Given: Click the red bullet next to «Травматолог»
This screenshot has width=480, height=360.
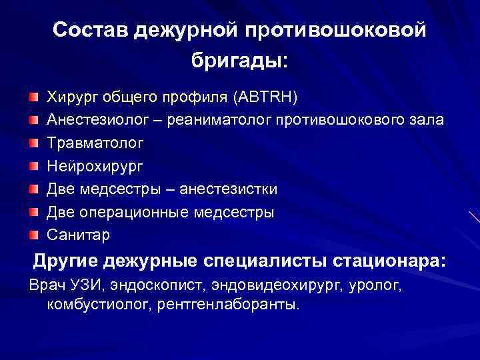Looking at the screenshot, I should pyautogui.click(x=33, y=143).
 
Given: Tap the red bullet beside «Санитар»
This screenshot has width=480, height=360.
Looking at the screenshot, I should pyautogui.click(x=33, y=235).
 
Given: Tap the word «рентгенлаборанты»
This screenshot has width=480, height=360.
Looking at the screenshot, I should pyautogui.click(x=227, y=305).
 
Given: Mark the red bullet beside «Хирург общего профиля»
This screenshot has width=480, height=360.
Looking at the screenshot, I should pyautogui.click(x=33, y=98).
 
